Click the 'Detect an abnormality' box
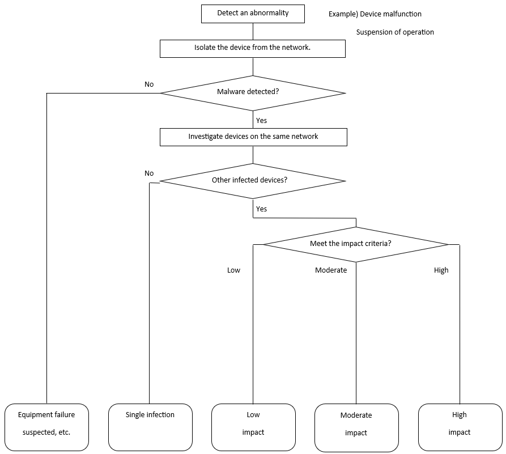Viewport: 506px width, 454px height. click(x=253, y=14)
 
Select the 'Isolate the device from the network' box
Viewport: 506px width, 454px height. click(x=253, y=48)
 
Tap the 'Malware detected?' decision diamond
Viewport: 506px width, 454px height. click(x=253, y=92)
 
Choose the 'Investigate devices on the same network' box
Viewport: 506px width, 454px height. click(x=253, y=137)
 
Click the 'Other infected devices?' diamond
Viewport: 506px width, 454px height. click(x=253, y=181)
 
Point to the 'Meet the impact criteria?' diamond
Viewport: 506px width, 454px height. click(x=356, y=244)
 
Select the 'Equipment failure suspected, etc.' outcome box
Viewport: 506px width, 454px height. click(x=46, y=427)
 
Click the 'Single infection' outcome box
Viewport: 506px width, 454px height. click(x=150, y=427)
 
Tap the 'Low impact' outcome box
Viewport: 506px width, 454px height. click(x=253, y=427)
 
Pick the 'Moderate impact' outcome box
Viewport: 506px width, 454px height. click(x=356, y=427)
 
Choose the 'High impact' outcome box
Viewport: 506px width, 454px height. click(x=460, y=427)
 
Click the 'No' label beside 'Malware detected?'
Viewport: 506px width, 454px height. click(x=149, y=84)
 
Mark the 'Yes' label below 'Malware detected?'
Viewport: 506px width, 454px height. click(x=261, y=121)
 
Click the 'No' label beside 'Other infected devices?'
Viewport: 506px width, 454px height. click(x=149, y=173)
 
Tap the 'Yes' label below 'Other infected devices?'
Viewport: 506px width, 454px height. click(x=261, y=209)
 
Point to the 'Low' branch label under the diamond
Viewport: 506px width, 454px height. click(x=233, y=270)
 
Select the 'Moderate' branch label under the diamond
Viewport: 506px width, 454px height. click(x=331, y=270)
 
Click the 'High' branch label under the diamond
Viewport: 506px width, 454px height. click(x=441, y=270)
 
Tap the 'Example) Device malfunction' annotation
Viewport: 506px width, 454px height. click(x=375, y=14)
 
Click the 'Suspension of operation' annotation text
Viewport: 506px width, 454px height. click(x=395, y=32)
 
